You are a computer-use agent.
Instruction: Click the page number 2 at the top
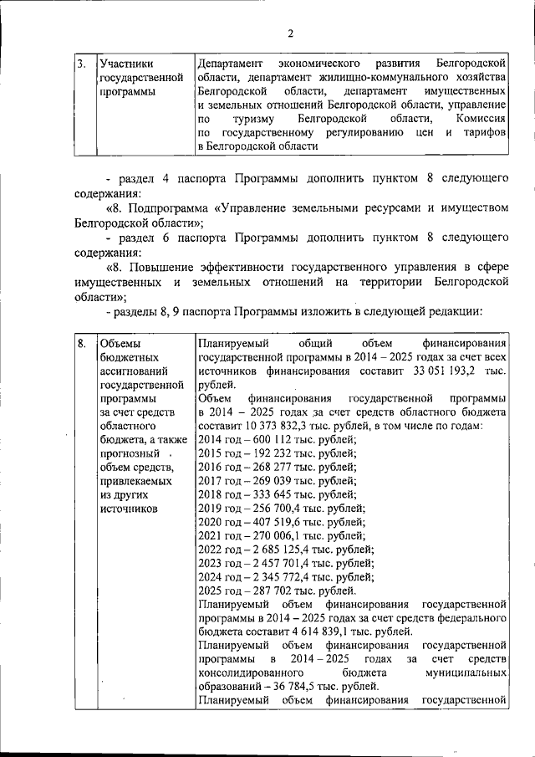[x=290, y=33]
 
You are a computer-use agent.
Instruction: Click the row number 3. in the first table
[x=80, y=64]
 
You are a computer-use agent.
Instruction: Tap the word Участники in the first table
[x=125, y=64]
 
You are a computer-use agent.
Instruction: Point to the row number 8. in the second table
[x=81, y=344]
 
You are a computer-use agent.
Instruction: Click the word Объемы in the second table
[x=120, y=344]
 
